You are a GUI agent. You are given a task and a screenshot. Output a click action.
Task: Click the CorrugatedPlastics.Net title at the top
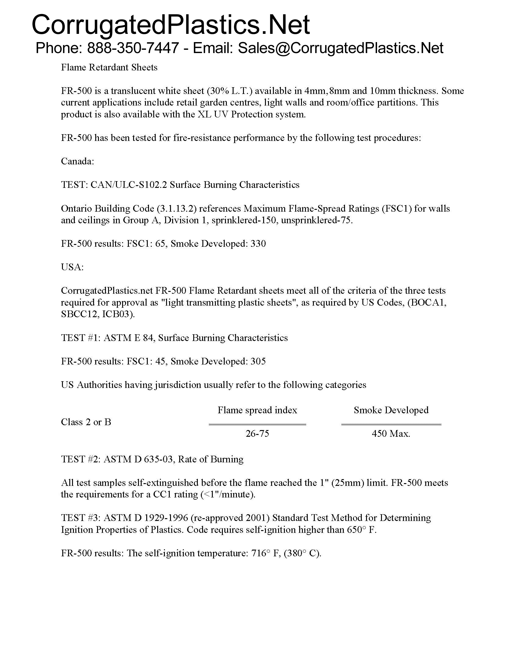[x=171, y=25]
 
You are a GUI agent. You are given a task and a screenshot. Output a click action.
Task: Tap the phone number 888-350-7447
[x=133, y=48]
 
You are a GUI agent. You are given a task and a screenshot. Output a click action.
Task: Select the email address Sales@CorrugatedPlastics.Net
[x=340, y=48]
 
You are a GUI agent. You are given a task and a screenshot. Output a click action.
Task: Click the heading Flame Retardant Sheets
[x=109, y=67]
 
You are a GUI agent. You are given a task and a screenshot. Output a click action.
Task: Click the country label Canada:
[x=78, y=161]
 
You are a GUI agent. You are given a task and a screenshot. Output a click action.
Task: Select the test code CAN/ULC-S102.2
[x=129, y=185]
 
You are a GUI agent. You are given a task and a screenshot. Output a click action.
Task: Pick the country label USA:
[x=72, y=267]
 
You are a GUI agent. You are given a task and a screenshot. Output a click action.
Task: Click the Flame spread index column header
[x=257, y=410]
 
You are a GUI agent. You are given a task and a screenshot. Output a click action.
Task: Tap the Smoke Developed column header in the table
[x=391, y=410]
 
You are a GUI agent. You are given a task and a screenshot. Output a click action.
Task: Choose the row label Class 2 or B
[x=86, y=422]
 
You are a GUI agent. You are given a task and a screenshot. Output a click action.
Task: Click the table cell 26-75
[x=257, y=433]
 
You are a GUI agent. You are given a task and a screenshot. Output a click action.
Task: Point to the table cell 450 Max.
[x=391, y=433]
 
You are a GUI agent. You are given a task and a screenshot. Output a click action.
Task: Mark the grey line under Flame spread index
[x=257, y=424]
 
